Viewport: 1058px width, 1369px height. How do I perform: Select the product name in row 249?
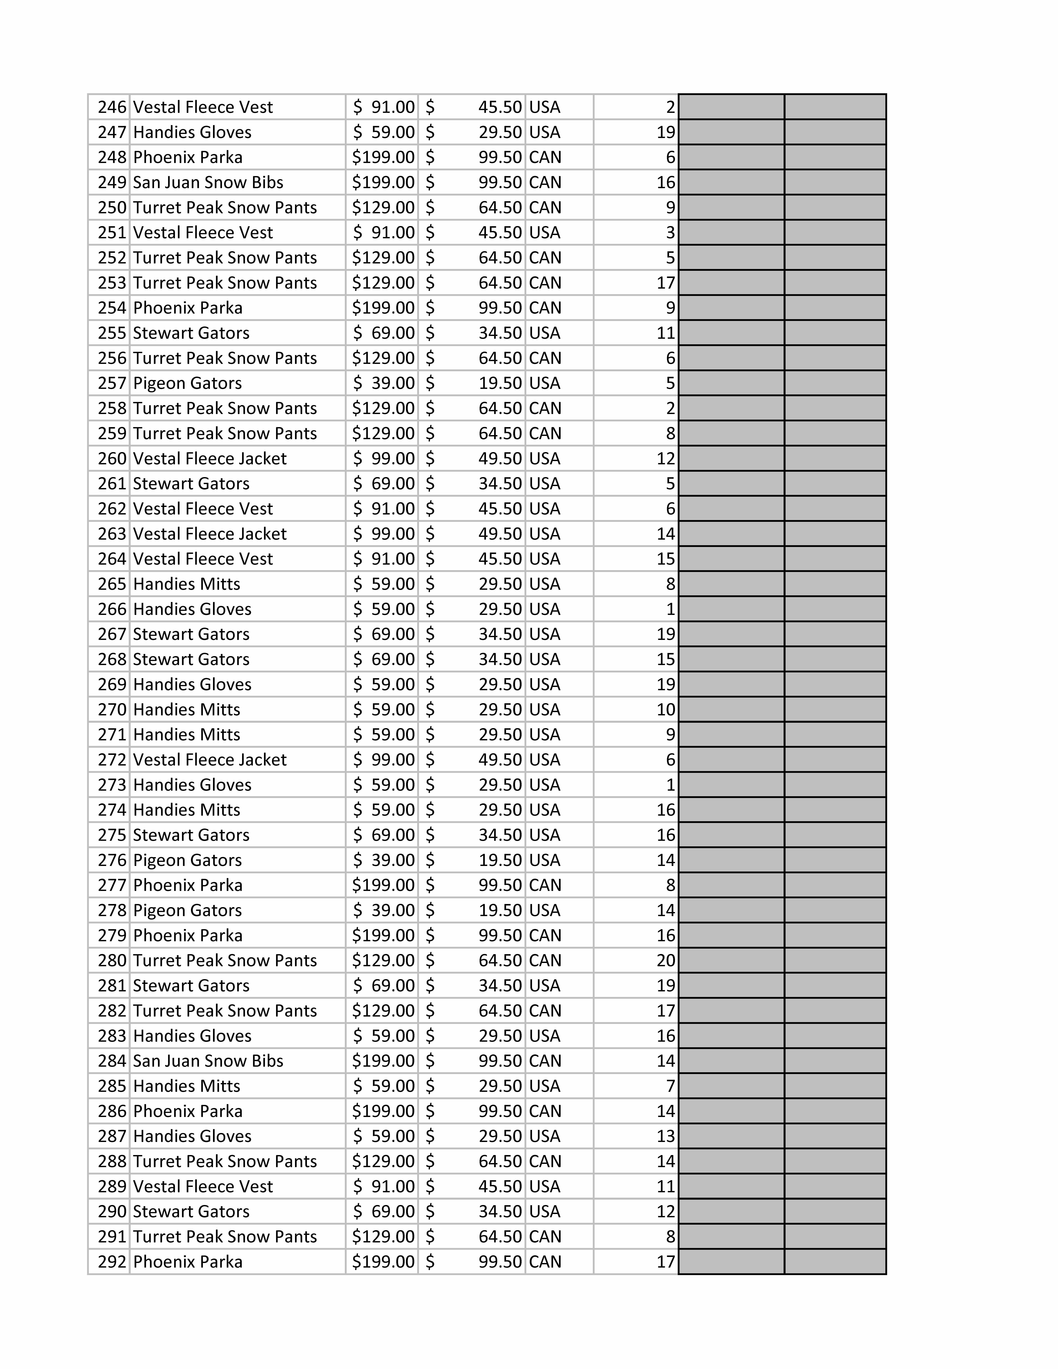[208, 182]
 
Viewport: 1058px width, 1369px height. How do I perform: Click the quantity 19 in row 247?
[666, 132]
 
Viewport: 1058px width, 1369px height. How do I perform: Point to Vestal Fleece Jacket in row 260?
[209, 459]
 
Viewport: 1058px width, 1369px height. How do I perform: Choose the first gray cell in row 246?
[731, 107]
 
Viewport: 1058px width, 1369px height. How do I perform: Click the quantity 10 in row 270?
[666, 710]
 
